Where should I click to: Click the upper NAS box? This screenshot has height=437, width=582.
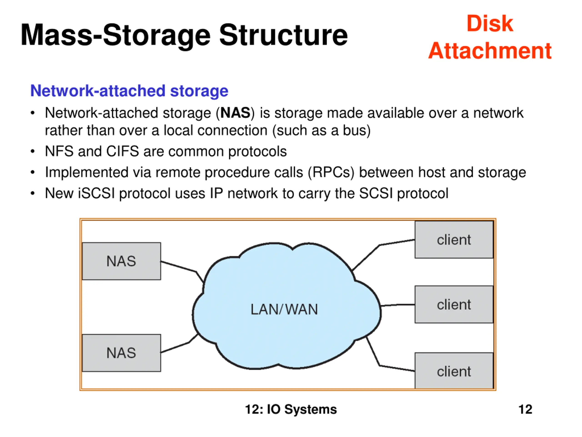tap(121, 261)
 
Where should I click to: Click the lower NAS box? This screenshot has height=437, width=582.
tap(121, 353)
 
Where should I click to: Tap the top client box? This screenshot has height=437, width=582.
tap(454, 240)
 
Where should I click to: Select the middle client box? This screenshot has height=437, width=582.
tap(454, 305)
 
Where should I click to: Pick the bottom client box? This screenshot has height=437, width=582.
tap(454, 371)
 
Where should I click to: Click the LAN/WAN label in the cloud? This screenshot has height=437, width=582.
tap(284, 309)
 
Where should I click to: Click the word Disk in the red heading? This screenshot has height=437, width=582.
tap(490, 24)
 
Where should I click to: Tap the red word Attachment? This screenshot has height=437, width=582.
tap(490, 51)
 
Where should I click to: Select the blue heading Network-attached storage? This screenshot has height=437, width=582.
tap(129, 91)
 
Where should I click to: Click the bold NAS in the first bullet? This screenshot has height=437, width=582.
tap(235, 113)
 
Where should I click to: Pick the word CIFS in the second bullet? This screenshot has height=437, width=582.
tap(122, 151)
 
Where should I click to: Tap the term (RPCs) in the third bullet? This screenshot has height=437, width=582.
tap(331, 173)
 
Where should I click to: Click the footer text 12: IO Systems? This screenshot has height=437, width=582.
tap(291, 409)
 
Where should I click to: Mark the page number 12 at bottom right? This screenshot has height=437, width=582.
tap(525, 409)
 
